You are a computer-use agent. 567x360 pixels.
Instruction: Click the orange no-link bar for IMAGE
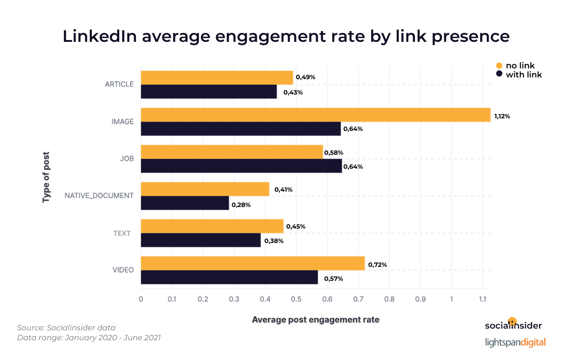[x=315, y=115]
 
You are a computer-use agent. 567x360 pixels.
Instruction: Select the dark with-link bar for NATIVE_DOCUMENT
[x=185, y=203]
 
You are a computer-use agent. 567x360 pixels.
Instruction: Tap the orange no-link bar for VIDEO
[x=252, y=263]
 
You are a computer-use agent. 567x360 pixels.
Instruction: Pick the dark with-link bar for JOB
[x=241, y=166]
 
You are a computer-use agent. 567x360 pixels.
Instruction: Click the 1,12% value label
[x=502, y=116]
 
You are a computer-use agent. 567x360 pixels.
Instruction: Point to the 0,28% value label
[x=241, y=205]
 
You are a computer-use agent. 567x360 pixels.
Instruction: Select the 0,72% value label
[x=378, y=265]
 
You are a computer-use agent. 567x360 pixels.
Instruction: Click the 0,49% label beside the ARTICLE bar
[x=306, y=77]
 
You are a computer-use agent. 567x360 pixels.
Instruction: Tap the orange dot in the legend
[x=499, y=66]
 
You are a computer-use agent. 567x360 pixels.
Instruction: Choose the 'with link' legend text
[x=524, y=75]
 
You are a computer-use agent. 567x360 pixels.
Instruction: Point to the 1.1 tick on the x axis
[x=482, y=299]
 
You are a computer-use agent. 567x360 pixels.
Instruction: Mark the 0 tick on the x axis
[x=141, y=299]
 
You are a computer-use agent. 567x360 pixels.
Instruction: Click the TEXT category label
[x=122, y=233]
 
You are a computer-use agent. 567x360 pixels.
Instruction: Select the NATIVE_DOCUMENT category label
[x=99, y=196]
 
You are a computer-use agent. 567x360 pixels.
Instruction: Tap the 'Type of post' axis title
[x=46, y=178]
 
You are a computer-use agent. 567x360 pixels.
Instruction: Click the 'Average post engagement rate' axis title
[x=315, y=320]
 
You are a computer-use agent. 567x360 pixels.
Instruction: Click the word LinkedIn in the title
[x=99, y=36]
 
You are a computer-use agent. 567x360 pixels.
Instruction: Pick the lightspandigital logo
[x=515, y=342]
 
